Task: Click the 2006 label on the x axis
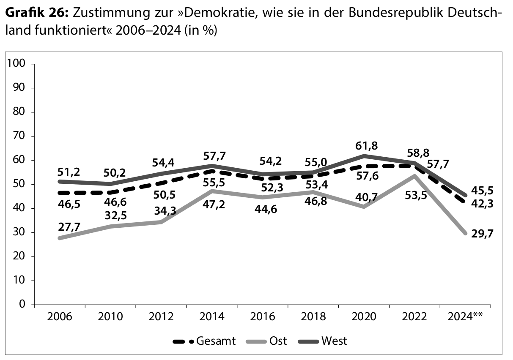click(x=60, y=316)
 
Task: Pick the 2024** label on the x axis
click(x=465, y=316)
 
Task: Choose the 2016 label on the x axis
click(x=262, y=316)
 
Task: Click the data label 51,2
click(x=69, y=171)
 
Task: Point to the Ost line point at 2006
click(x=60, y=238)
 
